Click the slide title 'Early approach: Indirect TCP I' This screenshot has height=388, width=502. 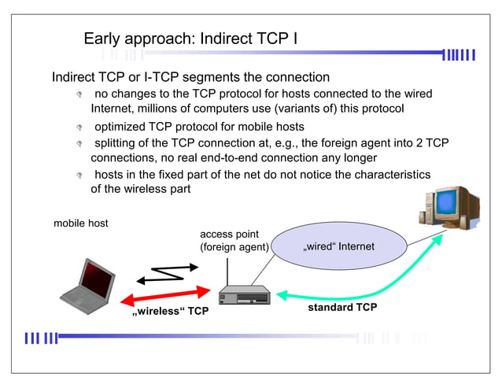point(190,38)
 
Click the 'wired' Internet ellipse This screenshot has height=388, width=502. point(338,247)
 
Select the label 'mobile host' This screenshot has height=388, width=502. point(81,224)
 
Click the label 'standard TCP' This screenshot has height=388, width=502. point(341,307)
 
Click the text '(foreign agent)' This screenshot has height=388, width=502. point(234,247)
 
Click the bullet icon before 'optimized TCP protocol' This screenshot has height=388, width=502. point(79,127)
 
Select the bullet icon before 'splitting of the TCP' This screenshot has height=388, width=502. point(79,144)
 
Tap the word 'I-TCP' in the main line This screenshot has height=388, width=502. point(147,77)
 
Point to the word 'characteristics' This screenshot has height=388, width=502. point(389,174)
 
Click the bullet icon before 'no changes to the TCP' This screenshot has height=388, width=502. point(79,94)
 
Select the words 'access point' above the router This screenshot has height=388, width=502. point(229,235)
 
